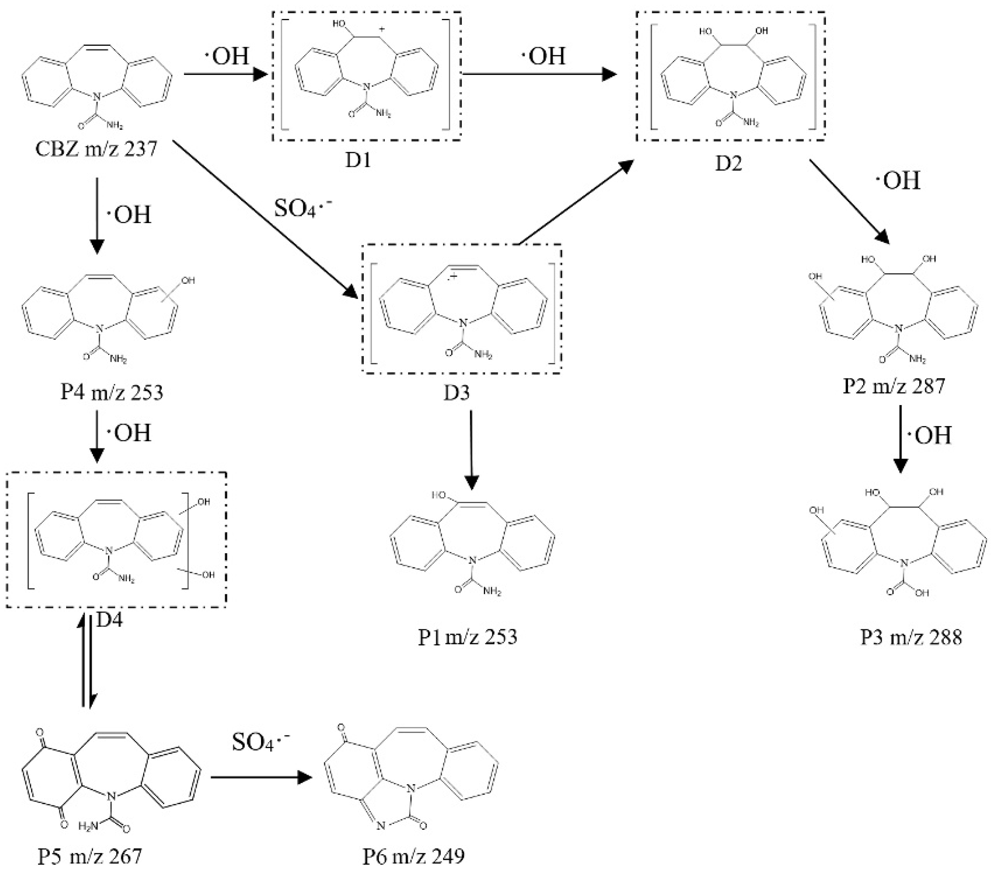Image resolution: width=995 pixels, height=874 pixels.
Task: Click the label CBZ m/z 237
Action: (96, 149)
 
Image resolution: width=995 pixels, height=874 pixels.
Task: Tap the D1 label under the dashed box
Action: (358, 160)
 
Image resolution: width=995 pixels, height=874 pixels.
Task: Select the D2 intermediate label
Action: (729, 164)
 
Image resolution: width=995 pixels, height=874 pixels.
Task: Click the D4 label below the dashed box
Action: (109, 619)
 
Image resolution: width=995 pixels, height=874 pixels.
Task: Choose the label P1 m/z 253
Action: (467, 637)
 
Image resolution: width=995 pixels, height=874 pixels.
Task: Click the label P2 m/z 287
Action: (894, 386)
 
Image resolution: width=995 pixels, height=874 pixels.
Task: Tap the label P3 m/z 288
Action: (911, 637)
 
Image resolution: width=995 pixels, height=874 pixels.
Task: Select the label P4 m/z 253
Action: (112, 392)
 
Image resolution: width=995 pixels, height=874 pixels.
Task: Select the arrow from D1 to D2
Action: (538, 75)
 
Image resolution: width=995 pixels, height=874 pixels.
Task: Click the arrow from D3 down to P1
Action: (471, 450)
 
